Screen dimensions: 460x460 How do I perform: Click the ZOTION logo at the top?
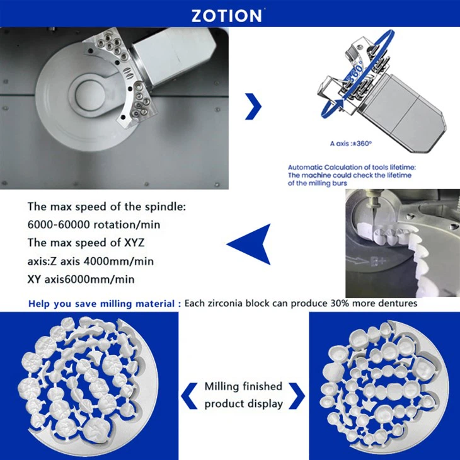click(227, 14)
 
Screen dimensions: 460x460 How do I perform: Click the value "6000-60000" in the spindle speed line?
click(58, 225)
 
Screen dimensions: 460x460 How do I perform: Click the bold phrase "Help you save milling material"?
click(101, 304)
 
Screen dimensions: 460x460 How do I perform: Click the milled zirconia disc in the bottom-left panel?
click(88, 384)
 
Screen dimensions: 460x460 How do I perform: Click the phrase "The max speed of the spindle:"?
click(106, 207)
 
